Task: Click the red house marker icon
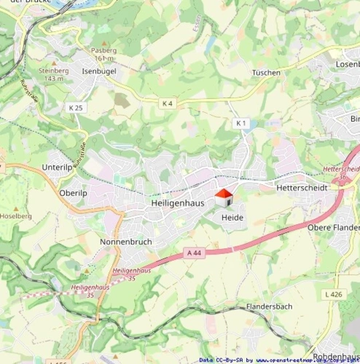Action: coord(223,198)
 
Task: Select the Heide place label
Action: coord(232,218)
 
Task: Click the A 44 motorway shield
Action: coord(193,253)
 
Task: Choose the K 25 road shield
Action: coord(76,108)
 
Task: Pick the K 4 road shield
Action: coord(167,103)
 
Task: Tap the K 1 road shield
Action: coord(241,124)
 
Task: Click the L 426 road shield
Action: coord(332,294)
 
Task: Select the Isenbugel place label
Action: coord(100,71)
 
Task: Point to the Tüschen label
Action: coord(266,73)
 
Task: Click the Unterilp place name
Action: coord(58,167)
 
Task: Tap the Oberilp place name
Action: coord(72,193)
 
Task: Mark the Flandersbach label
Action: coord(269,306)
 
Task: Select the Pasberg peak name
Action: coord(103,50)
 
